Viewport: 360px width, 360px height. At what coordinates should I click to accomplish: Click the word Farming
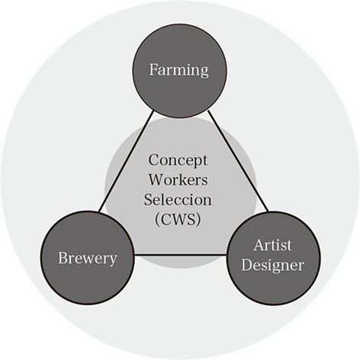[178, 70]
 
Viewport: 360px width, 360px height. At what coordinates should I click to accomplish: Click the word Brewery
[88, 259]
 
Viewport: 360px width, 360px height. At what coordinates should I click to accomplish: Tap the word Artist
[272, 245]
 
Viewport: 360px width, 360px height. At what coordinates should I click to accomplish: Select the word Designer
[273, 266]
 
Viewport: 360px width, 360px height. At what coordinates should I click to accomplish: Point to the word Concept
[178, 161]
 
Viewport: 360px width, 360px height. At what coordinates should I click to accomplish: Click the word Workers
[178, 180]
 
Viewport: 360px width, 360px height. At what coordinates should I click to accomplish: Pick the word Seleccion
[178, 200]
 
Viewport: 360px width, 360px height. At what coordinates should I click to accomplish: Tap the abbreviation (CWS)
[178, 219]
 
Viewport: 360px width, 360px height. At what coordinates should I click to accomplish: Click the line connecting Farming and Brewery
[127, 161]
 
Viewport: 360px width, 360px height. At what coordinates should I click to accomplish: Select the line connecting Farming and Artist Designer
[238, 161]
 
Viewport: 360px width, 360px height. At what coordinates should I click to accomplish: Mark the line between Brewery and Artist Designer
[180, 255]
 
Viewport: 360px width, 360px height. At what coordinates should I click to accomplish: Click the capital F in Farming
[154, 69]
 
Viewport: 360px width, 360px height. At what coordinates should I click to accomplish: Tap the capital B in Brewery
[63, 258]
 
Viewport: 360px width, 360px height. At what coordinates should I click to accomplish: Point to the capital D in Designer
[247, 265]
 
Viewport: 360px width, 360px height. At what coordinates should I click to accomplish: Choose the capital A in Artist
[259, 245]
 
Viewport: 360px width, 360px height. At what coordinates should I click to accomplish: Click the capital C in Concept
[153, 160]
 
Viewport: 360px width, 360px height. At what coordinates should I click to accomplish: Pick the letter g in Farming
[204, 72]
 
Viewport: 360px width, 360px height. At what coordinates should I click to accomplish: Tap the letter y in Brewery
[113, 261]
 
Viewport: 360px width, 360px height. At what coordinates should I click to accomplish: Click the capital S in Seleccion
[148, 200]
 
